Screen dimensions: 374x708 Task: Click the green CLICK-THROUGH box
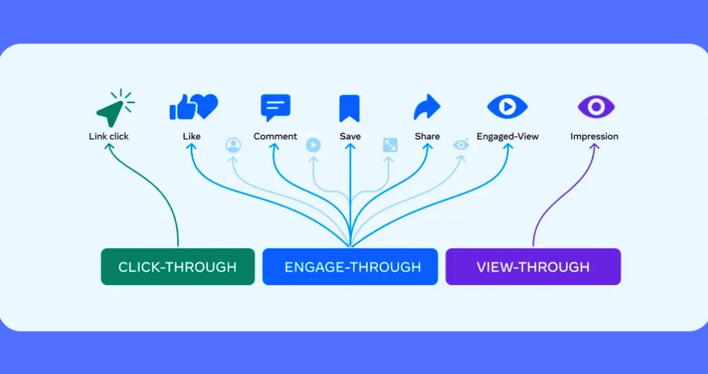click(177, 267)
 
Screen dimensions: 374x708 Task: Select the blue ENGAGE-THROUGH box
click(350, 267)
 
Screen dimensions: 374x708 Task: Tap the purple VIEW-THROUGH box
click(533, 267)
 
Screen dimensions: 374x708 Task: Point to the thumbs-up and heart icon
click(193, 107)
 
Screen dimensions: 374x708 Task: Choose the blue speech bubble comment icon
click(275, 107)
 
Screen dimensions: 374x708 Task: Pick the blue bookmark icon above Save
click(349, 108)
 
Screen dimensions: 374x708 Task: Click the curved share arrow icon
click(427, 107)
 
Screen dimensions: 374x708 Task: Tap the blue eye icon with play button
click(507, 107)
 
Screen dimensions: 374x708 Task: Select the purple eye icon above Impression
click(596, 107)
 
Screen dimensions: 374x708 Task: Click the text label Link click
click(109, 136)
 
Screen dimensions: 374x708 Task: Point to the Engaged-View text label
click(508, 136)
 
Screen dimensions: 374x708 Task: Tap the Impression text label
click(595, 136)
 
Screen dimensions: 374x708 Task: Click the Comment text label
click(275, 136)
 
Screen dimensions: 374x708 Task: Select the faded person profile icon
click(233, 145)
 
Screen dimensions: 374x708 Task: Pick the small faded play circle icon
click(313, 145)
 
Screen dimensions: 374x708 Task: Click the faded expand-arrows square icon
click(390, 145)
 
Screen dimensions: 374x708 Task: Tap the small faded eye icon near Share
click(461, 145)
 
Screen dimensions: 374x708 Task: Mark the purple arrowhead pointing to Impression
click(595, 147)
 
